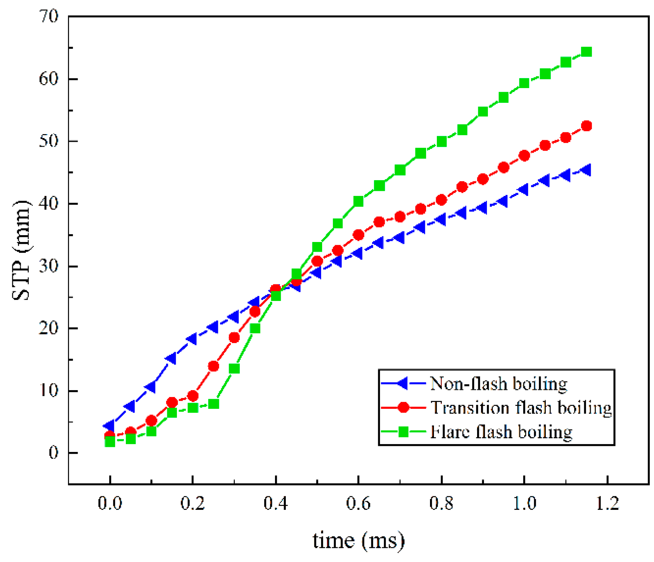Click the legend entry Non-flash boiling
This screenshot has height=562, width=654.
point(498,384)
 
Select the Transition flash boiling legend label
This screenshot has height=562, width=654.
point(521,408)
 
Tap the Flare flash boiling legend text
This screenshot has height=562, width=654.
point(501,432)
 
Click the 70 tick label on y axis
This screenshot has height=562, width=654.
point(49,17)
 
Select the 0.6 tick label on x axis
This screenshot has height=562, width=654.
point(358,503)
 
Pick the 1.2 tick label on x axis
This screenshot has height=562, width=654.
point(607,503)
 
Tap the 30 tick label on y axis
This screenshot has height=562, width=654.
point(49,266)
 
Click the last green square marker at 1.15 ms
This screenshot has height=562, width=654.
point(586,52)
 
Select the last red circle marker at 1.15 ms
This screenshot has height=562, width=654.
point(586,126)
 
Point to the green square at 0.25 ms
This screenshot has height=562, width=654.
point(214,404)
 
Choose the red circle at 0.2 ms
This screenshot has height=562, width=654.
point(193,396)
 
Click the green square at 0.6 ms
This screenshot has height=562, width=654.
point(358,202)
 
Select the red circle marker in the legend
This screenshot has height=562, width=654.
point(403,407)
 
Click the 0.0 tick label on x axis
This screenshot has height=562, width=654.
point(110,503)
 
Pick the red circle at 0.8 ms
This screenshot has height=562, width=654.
point(441,200)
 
